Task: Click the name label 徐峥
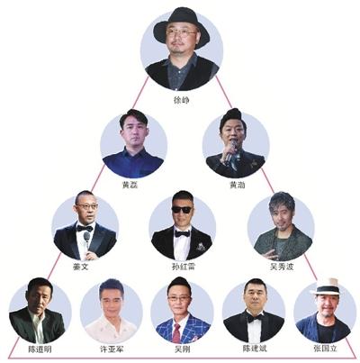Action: click(181, 100)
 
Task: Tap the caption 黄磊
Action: click(130, 185)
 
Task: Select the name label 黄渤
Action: click(237, 185)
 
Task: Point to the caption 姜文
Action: click(80, 267)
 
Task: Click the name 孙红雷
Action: click(184, 267)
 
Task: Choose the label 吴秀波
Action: click(282, 267)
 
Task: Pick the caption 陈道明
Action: click(40, 349)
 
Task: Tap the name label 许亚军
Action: click(112, 349)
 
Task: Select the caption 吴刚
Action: click(182, 349)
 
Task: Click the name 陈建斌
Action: click(255, 349)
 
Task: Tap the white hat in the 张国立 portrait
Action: click(326, 286)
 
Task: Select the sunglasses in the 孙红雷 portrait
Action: click(181, 210)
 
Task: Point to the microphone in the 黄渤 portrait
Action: click(231, 150)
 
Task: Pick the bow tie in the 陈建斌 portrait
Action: click(255, 318)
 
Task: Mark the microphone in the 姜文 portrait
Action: click(86, 240)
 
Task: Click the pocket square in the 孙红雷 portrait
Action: click(201, 247)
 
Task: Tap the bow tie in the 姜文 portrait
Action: click(85, 229)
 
